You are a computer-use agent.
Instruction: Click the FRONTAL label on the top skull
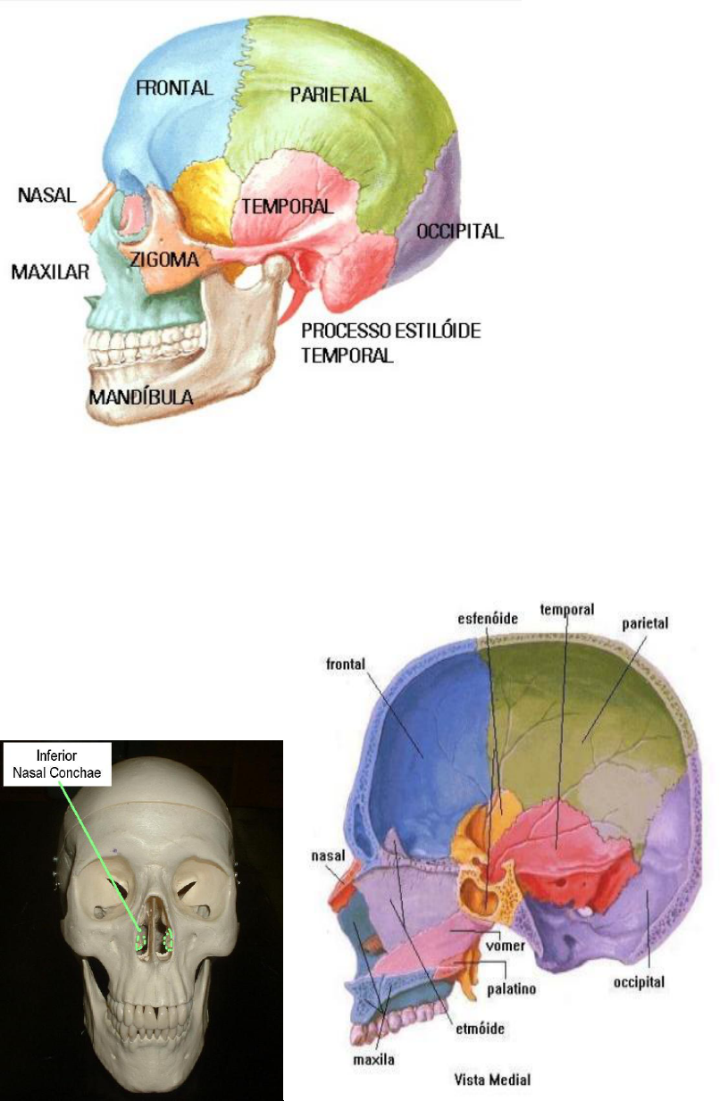[x=174, y=88]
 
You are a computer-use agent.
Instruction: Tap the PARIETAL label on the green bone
[x=331, y=94]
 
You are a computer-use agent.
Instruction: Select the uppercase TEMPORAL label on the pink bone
[x=287, y=206]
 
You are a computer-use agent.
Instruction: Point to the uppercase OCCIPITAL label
[x=460, y=231]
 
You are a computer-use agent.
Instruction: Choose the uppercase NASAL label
[x=46, y=194]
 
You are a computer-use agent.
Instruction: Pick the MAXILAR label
[x=50, y=271]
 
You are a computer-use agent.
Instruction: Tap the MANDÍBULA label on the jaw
[x=141, y=396]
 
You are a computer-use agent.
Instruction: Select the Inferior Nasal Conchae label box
[x=57, y=764]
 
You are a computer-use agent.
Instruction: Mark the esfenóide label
[x=488, y=617]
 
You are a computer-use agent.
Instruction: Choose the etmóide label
[x=480, y=1028]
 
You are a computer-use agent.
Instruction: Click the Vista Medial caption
[x=490, y=1080]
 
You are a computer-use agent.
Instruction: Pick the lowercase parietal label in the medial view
[x=645, y=622]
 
